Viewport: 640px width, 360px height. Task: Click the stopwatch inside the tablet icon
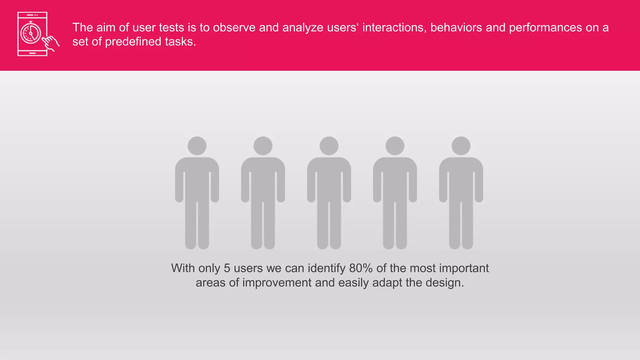[x=31, y=33]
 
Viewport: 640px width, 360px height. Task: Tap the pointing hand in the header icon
[x=51, y=43]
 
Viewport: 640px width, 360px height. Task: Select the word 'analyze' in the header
[x=303, y=27]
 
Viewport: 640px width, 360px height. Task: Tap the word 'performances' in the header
[x=545, y=27]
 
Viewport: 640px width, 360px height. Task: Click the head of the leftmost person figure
[x=197, y=146]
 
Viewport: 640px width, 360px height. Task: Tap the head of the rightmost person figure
[x=461, y=146]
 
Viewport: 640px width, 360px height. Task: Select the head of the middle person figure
[x=329, y=146]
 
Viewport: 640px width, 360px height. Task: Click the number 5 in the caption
[x=227, y=268]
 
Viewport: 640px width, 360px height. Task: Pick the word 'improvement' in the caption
[x=277, y=282]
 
